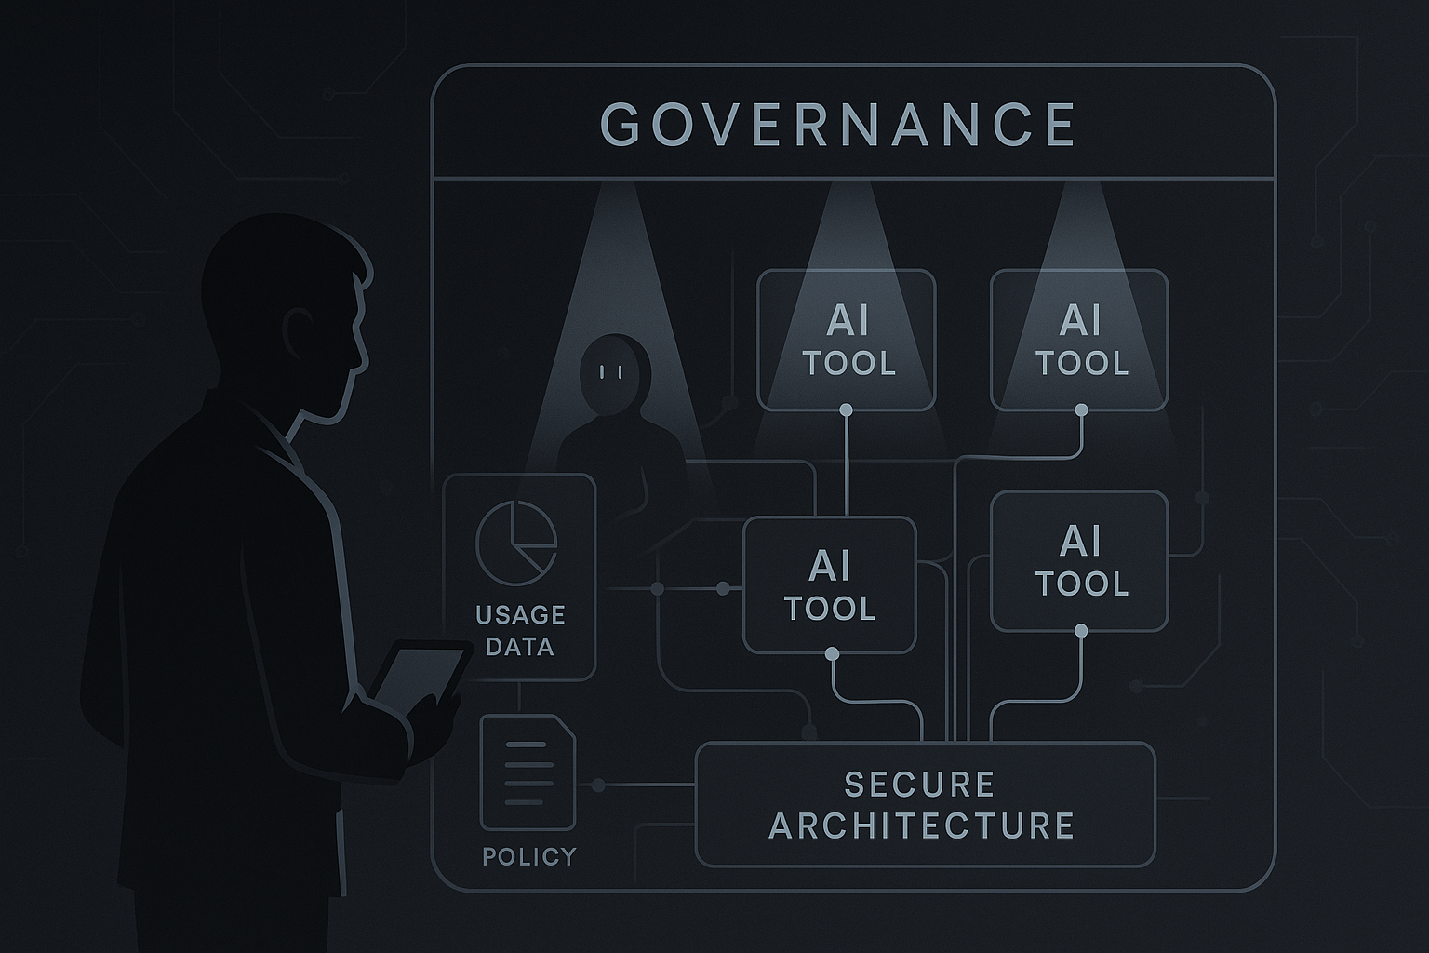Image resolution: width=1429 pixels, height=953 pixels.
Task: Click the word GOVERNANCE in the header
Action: [837, 124]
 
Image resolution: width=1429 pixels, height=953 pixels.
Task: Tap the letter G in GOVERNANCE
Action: [621, 124]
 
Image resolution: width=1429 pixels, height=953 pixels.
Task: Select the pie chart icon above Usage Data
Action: [516, 540]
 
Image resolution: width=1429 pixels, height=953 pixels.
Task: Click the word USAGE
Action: [520, 615]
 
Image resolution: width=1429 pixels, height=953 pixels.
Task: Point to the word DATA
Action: [520, 647]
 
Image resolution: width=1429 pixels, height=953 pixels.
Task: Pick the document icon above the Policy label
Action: [528, 772]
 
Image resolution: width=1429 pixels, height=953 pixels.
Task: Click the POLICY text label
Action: [529, 856]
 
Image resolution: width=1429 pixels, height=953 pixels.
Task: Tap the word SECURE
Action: [919, 785]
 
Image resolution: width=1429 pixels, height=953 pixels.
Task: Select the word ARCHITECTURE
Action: [922, 826]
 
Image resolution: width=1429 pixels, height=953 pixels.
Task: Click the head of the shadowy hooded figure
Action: [611, 370]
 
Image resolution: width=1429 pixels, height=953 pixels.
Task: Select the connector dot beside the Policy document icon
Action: [598, 786]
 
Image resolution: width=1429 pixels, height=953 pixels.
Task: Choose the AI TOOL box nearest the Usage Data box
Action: [830, 585]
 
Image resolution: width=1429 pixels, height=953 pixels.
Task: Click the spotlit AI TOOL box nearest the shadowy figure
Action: [847, 340]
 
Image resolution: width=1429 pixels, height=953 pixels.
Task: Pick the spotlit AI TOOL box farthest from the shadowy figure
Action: [1079, 340]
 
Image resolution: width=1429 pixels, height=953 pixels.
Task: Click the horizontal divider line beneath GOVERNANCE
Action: [853, 178]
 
